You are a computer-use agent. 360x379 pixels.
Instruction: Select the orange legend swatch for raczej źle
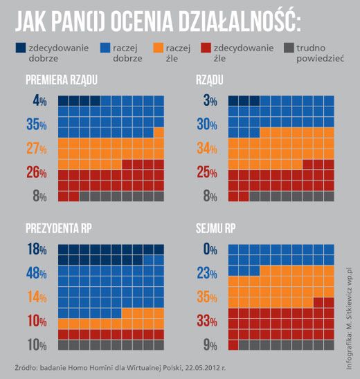pos(158,48)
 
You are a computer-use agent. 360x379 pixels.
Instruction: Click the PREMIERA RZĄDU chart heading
pos(61,81)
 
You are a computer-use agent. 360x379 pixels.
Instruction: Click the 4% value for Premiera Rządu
pos(39,101)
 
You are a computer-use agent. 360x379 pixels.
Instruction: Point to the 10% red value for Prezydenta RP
pos(36,320)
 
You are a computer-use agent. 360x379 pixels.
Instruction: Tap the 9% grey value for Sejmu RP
pos(208,344)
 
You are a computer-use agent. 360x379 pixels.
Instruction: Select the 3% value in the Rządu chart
pos(210,101)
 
